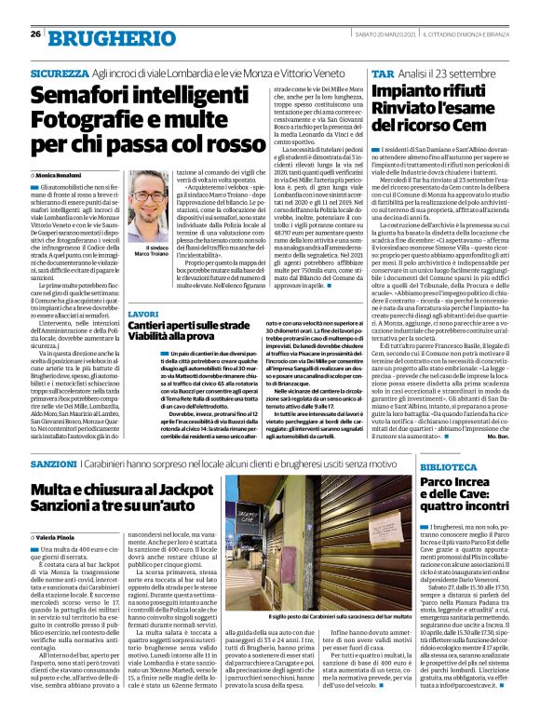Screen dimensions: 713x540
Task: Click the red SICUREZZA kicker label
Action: (x=59, y=72)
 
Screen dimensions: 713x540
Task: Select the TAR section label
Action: (x=382, y=72)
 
